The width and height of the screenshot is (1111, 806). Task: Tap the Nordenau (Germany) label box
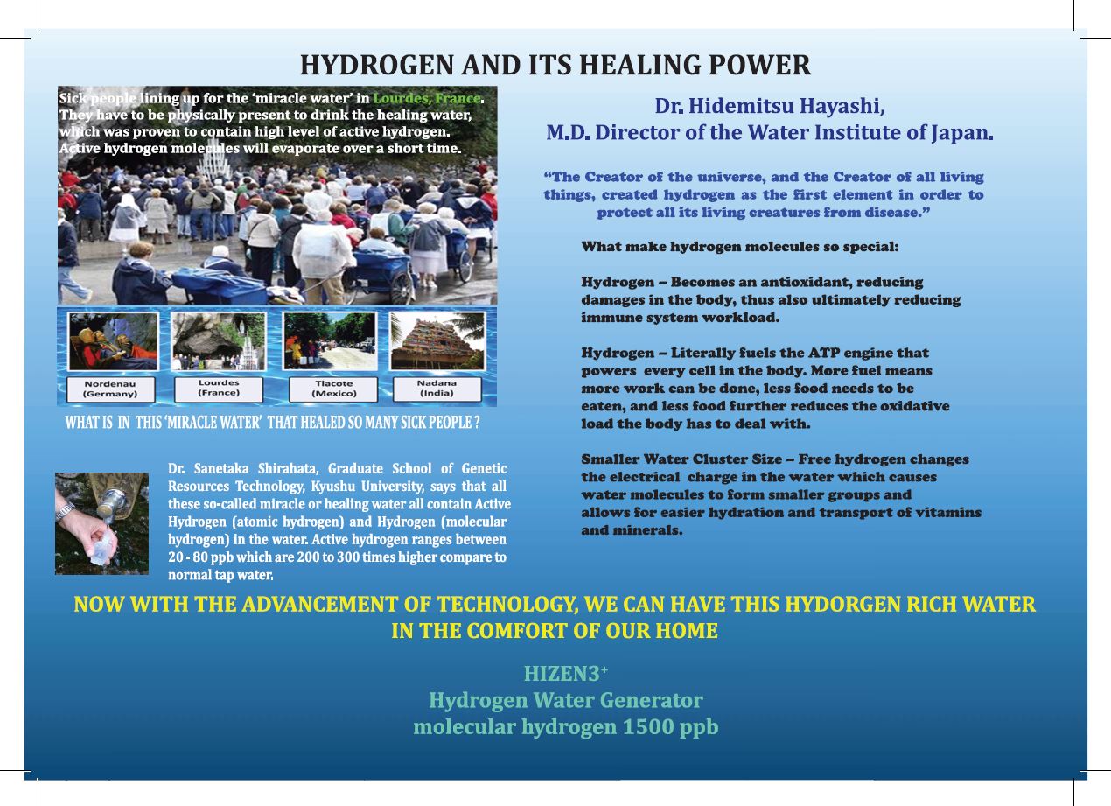click(x=110, y=389)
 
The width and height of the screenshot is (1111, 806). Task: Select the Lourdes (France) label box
click(x=219, y=389)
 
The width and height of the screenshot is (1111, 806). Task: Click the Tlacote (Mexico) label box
click(x=333, y=389)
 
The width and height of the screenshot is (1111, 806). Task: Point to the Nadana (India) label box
click(x=437, y=389)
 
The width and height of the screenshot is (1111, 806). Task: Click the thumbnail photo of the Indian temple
click(x=437, y=341)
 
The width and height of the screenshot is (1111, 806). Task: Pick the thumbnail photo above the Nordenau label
click(x=113, y=341)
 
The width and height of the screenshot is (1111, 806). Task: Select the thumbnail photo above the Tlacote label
click(x=330, y=341)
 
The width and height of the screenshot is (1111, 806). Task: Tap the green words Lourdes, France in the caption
click(x=427, y=98)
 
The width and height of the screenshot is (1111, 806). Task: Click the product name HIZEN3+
click(x=565, y=674)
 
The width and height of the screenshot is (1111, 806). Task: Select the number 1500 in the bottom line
click(x=648, y=726)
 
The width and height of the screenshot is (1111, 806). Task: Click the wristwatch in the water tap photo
click(x=65, y=509)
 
